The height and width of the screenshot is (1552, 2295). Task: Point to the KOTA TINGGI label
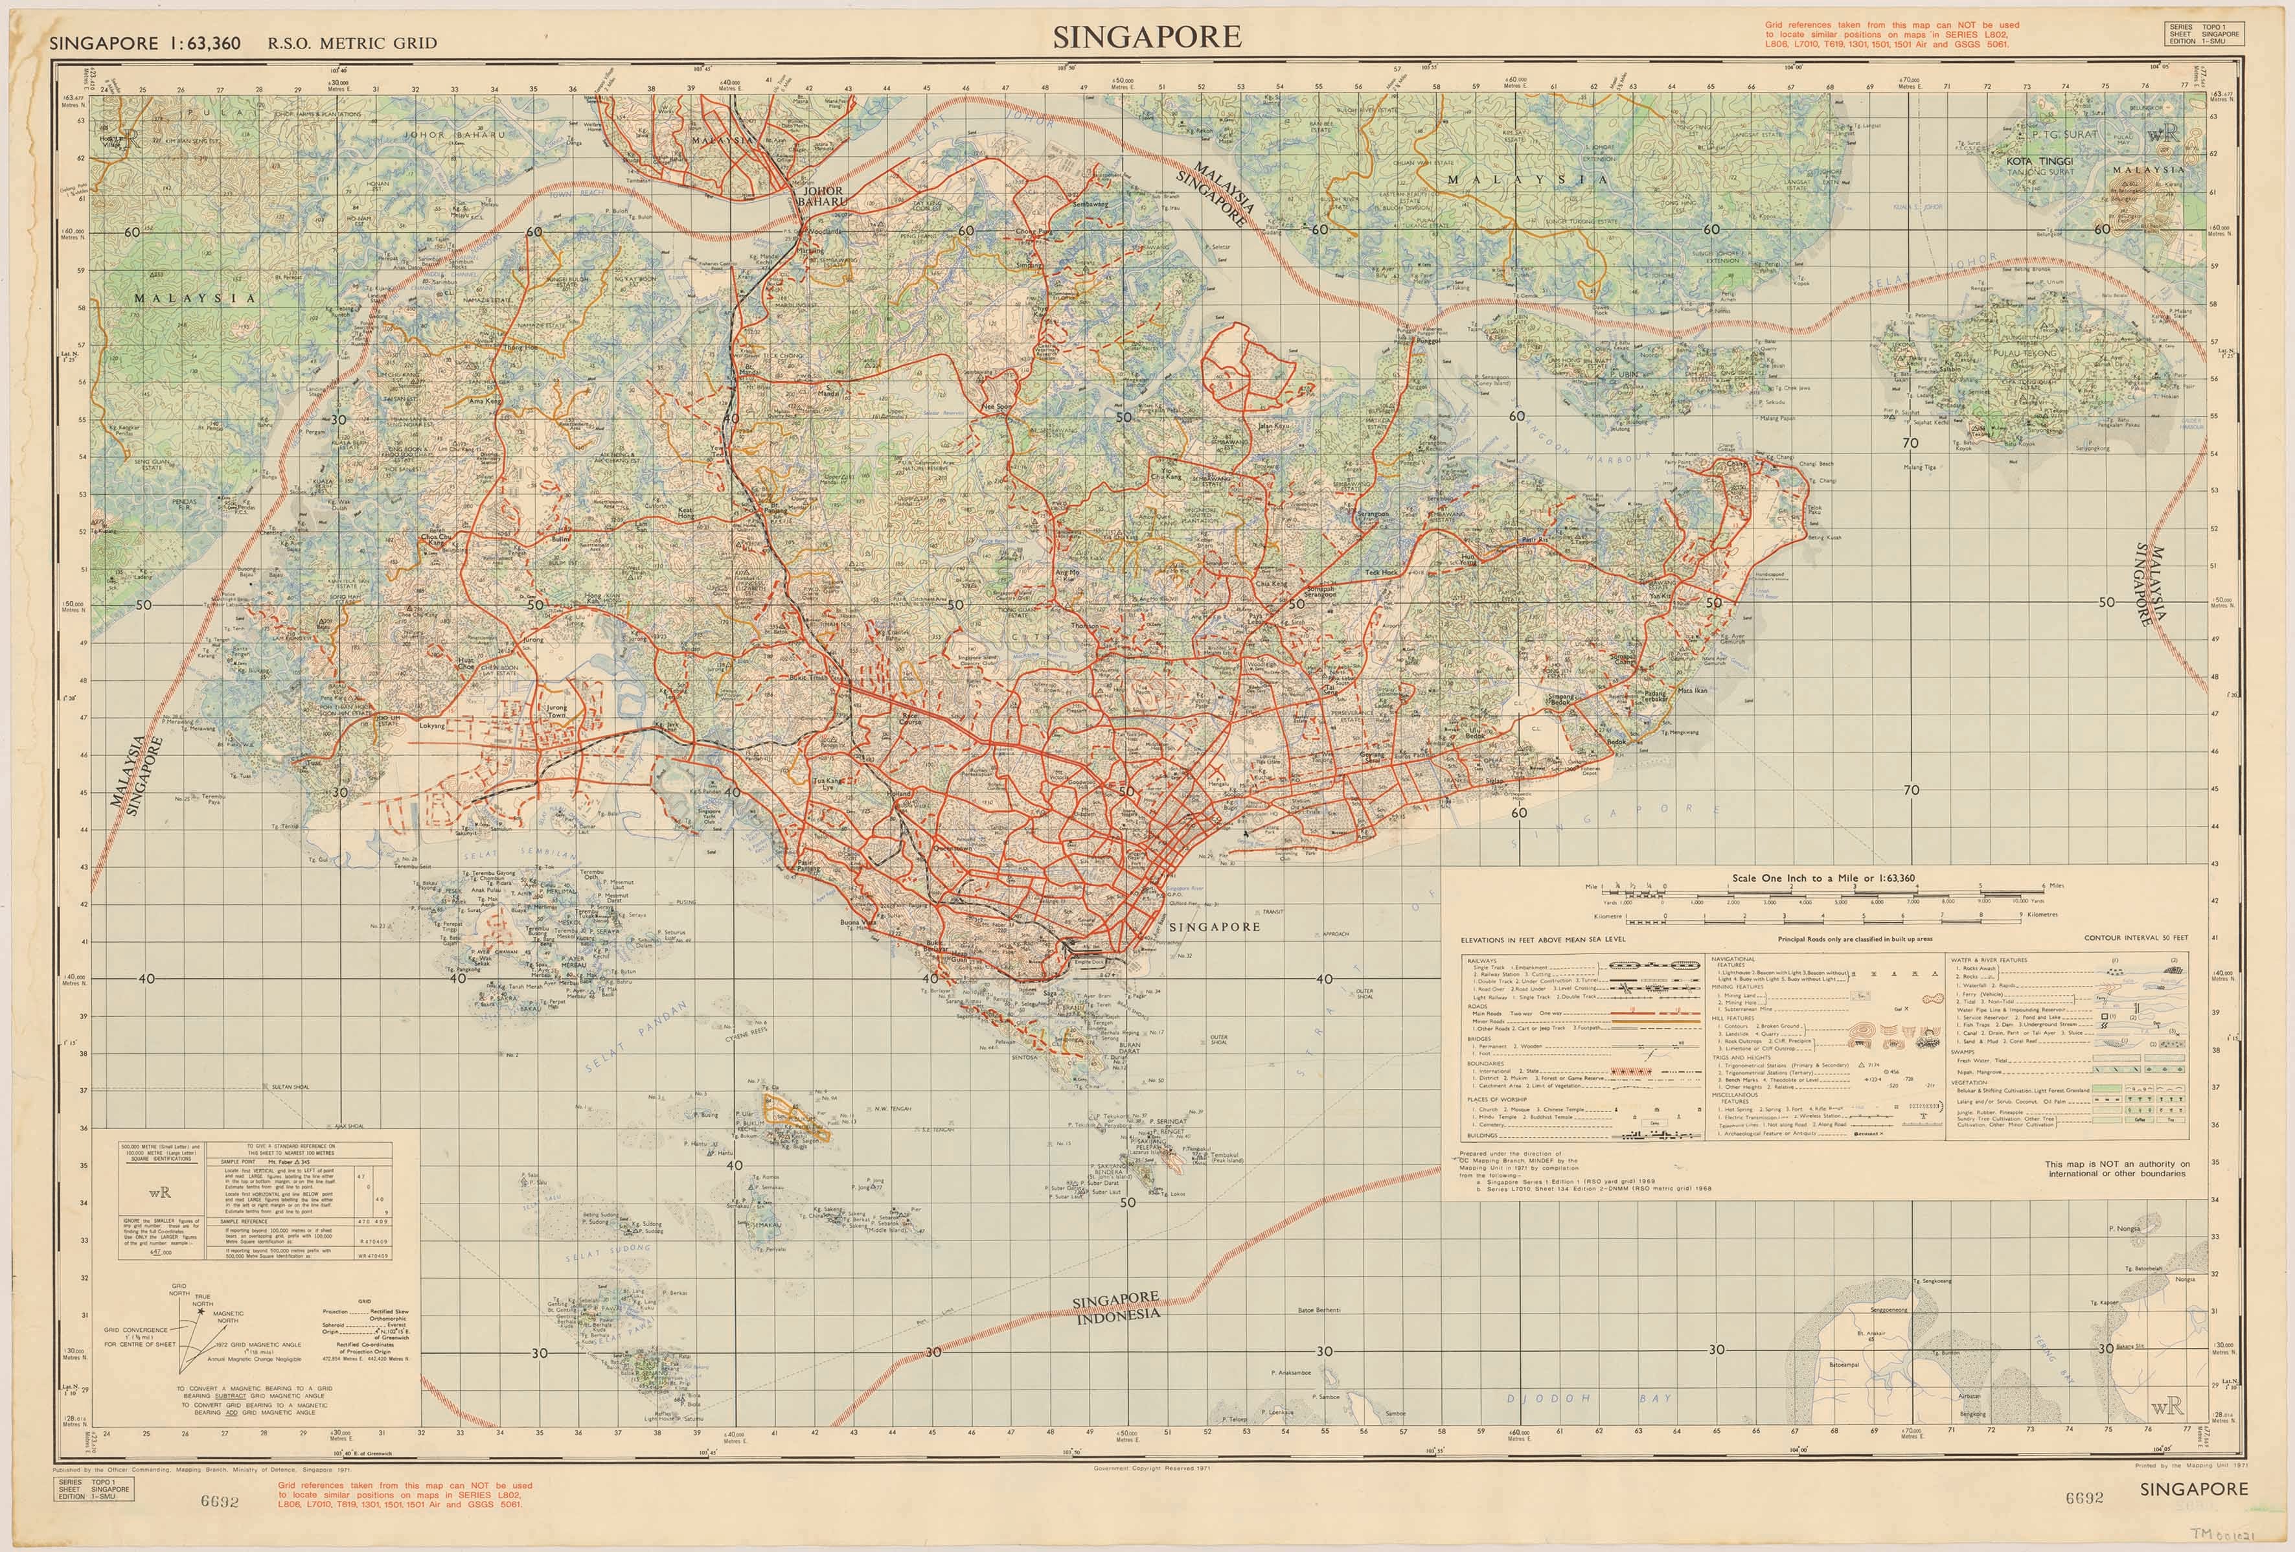pyautogui.click(x=2039, y=161)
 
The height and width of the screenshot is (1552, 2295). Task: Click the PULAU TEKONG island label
pyautogui.click(x=2024, y=352)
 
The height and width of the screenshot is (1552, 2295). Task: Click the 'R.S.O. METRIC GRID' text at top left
pyautogui.click(x=352, y=43)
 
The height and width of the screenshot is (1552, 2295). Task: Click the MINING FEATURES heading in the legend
pyautogui.click(x=1738, y=987)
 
